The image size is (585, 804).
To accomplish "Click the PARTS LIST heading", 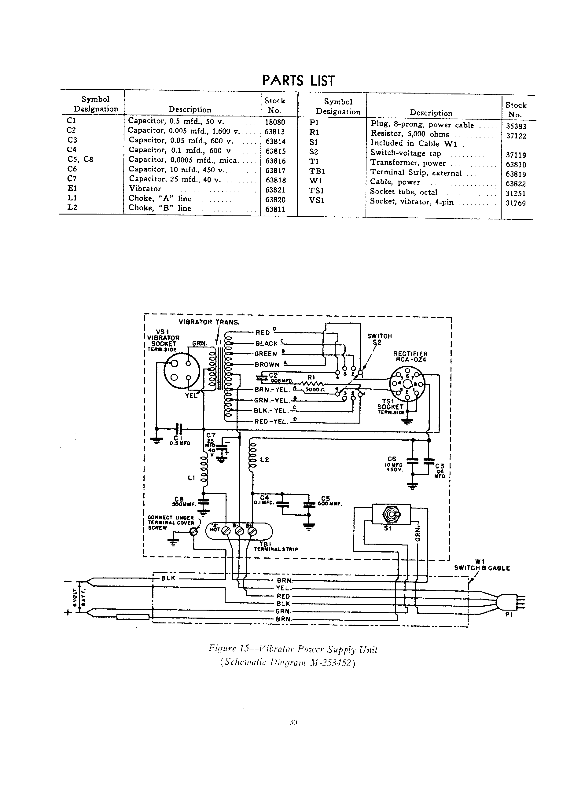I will [298, 81].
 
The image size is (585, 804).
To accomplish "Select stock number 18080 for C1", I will [275, 122].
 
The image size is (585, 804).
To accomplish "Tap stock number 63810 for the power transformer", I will [516, 164].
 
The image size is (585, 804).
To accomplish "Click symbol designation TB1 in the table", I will [317, 171].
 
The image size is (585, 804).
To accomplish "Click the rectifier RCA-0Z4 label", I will [410, 357].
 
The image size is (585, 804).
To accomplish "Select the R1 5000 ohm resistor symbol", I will [312, 384].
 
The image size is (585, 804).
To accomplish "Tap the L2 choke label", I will [264, 460].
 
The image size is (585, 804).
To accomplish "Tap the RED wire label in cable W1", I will [283, 596].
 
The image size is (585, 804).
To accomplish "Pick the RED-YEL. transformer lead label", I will [271, 421].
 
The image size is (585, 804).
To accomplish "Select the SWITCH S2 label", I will [379, 339].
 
